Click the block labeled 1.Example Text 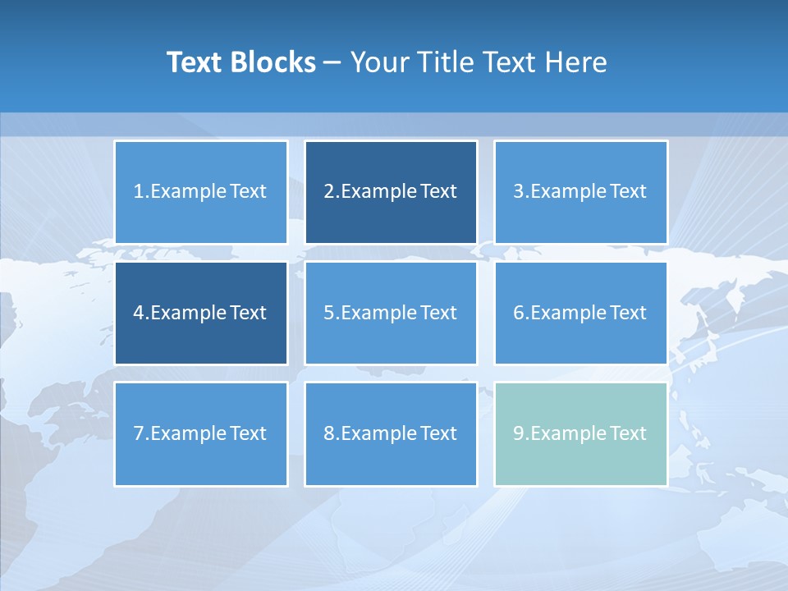pos(201,192)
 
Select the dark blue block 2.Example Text pos(391,192)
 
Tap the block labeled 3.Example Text pos(580,192)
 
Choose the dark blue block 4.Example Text pos(201,313)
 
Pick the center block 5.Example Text pos(391,313)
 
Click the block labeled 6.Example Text pos(580,313)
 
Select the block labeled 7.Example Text pos(201,433)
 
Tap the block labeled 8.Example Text pos(391,433)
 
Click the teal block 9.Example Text pos(580,433)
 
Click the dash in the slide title pos(332,63)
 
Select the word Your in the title pos(379,62)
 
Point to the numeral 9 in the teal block pos(519,433)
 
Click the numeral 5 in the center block pos(329,313)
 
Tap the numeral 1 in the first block pos(138,192)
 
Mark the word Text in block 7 pos(248,433)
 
